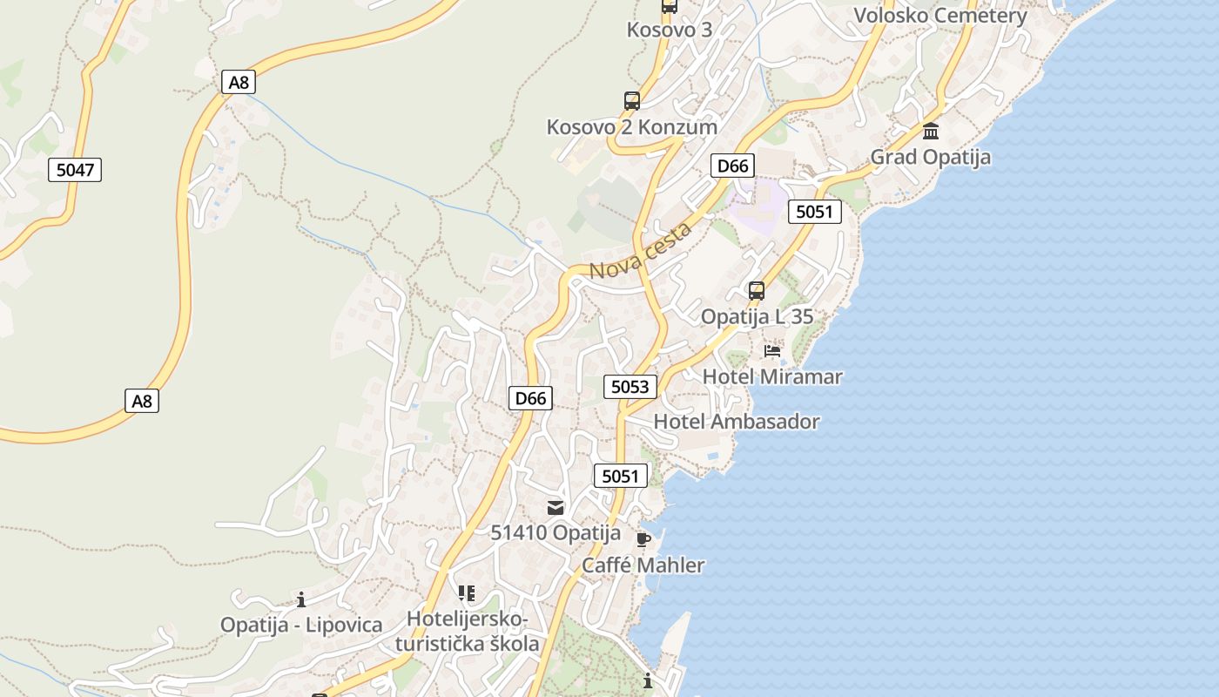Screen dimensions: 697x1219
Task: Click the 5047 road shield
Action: [75, 170]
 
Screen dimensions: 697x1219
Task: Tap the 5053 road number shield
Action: [630, 387]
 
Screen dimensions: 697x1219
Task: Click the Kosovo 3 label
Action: [670, 30]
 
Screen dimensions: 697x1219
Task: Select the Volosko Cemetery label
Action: [940, 16]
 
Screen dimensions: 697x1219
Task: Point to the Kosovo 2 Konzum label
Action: [632, 127]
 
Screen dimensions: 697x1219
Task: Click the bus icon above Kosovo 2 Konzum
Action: [632, 100]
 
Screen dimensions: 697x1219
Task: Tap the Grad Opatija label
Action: [931, 158]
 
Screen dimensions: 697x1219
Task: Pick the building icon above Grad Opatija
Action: [931, 132]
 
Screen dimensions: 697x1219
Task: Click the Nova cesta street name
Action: [641, 251]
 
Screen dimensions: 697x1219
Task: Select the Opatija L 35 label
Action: [757, 317]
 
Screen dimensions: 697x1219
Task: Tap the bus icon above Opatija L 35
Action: [757, 290]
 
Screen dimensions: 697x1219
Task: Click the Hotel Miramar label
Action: [772, 377]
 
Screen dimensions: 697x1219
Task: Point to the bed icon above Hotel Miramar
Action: [772, 351]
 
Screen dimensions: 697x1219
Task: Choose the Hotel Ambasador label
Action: [737, 422]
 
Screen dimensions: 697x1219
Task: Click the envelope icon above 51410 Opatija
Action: [556, 508]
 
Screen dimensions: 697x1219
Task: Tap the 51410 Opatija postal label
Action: [556, 533]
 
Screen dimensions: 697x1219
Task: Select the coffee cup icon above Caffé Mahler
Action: [643, 539]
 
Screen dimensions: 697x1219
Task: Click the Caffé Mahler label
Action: [643, 565]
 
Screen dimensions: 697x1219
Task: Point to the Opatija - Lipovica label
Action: [301, 626]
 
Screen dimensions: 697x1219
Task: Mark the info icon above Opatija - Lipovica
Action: [301, 599]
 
